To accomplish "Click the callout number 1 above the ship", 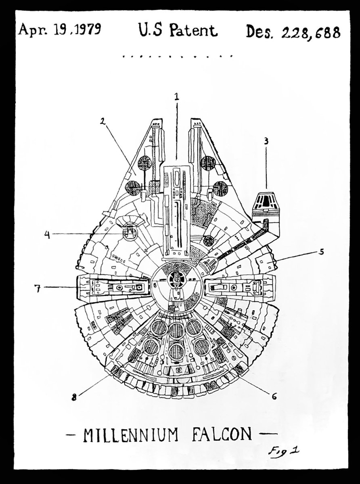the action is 176,96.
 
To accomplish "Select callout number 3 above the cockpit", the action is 266,142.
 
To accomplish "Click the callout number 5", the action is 321,252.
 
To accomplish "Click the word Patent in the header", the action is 193,31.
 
